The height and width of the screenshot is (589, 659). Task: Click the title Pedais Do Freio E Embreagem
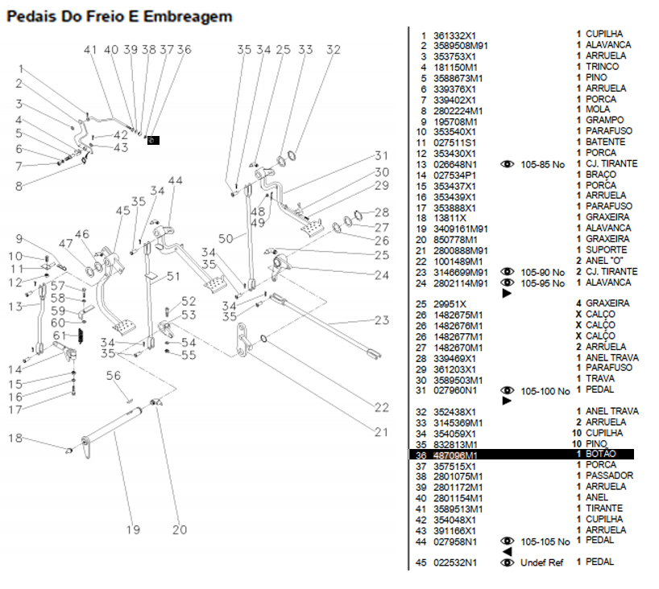[119, 16]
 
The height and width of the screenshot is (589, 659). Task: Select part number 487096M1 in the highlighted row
[456, 455]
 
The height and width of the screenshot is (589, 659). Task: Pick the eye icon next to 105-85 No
[508, 164]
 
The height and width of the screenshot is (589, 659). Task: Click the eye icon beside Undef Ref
[508, 562]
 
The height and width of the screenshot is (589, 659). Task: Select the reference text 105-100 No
[545, 391]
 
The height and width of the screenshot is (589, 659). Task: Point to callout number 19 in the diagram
[132, 529]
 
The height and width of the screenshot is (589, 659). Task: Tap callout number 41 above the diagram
[90, 50]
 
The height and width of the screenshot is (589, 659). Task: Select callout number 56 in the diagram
[114, 375]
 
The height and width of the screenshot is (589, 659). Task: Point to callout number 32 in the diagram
[333, 50]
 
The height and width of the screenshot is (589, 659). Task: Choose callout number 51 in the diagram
[172, 277]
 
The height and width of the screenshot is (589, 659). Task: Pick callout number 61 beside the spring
[60, 336]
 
